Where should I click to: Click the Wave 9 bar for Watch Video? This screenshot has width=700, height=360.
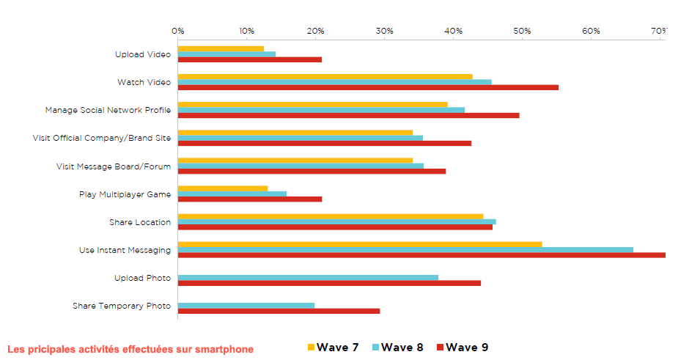pos(368,87)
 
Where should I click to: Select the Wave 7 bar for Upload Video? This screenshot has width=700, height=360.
pos(221,48)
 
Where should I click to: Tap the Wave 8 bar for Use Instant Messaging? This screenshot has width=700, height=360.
pos(405,249)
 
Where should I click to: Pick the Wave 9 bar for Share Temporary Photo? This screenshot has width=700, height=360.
pos(279,311)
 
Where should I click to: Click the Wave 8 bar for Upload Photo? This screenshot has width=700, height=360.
pos(308,277)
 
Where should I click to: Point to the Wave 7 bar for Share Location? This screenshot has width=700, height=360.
pos(331,216)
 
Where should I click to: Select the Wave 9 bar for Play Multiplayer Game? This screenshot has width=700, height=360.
pos(250,199)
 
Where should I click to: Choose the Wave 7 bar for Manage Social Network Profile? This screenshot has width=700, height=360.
pos(312,104)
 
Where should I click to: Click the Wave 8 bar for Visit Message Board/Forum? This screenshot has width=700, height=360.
pos(301,166)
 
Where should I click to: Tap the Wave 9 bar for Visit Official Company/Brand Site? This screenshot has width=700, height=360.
pos(325,143)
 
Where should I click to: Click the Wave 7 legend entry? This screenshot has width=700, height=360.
pos(332,348)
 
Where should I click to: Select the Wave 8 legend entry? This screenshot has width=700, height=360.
pos(397,348)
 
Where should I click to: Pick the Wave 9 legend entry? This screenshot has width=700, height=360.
pos(461,348)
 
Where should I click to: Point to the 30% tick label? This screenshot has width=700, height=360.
pos(384,31)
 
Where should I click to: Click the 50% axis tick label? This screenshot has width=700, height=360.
pos(522,31)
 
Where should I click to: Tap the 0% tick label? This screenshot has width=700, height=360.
pos(178,31)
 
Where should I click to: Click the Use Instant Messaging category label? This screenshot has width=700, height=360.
pos(125,250)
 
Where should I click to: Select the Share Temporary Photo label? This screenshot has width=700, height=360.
pos(122,306)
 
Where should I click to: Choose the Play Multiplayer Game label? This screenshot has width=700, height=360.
pos(125,194)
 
